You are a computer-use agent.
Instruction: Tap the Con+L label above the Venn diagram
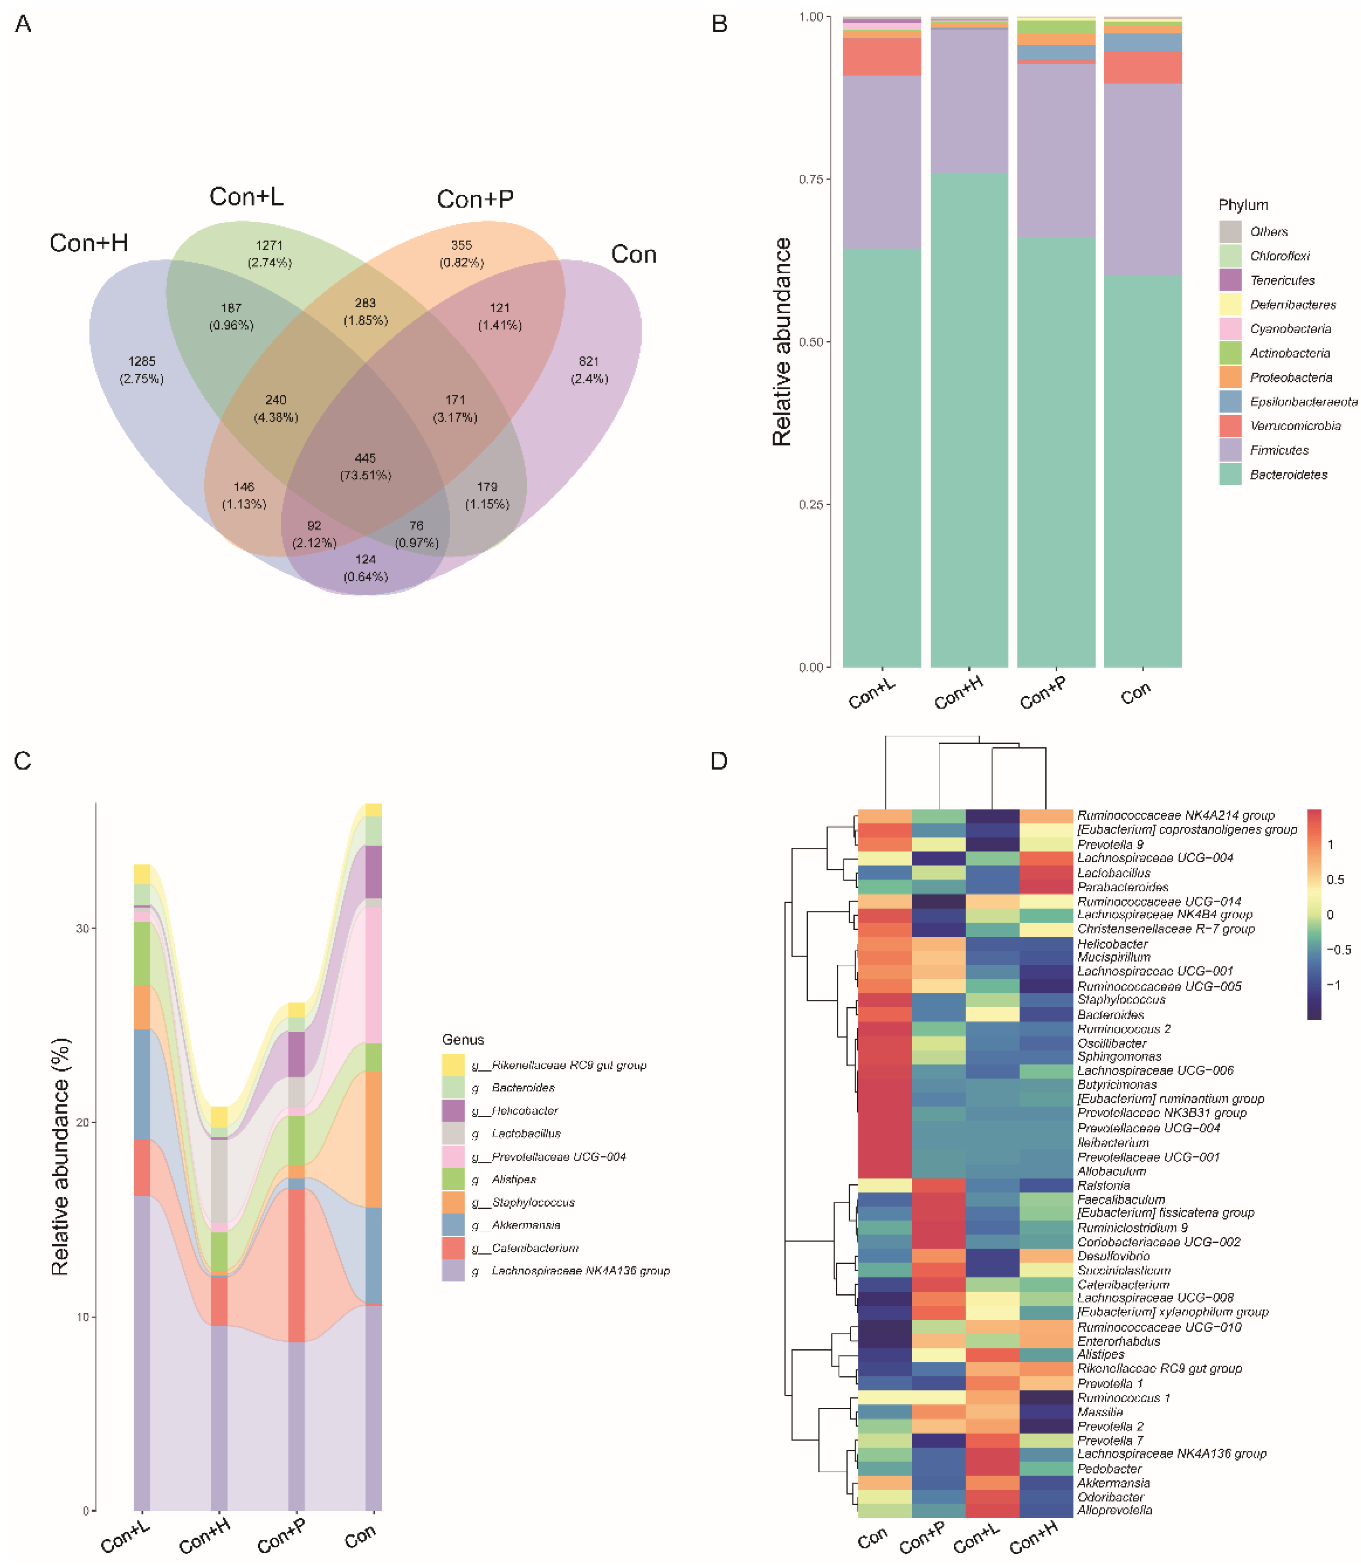[246, 197]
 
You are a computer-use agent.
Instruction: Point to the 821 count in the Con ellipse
[589, 362]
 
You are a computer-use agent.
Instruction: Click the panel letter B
[719, 24]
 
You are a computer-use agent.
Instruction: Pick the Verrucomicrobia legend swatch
[1230, 426]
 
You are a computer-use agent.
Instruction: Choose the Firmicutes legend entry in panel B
[1279, 450]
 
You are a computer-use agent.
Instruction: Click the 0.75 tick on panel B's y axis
[811, 179]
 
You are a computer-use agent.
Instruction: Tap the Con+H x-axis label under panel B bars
[959, 692]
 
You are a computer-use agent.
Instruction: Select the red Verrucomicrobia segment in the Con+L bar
[882, 57]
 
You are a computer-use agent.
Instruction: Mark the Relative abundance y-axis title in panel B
[782, 342]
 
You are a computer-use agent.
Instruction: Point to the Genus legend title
[463, 1039]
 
